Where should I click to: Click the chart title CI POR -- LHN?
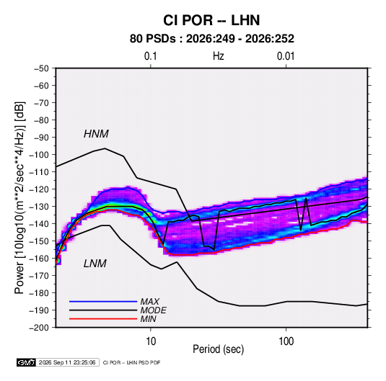click(211, 20)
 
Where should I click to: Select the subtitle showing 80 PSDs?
click(212, 39)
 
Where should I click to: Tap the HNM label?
click(96, 134)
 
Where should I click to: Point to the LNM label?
click(95, 264)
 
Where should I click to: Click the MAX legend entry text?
click(149, 302)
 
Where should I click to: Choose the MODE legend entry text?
click(153, 310)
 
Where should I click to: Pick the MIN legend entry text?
click(148, 319)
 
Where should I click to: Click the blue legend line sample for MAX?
click(103, 301)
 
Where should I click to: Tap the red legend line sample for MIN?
click(103, 319)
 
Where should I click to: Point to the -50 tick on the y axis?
click(41, 68)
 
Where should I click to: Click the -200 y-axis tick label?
click(39, 328)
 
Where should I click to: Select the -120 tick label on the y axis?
click(39, 189)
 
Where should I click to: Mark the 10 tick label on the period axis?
click(151, 341)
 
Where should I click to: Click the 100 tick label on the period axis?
click(286, 341)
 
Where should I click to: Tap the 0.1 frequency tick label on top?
click(150, 56)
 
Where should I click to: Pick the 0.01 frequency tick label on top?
click(286, 56)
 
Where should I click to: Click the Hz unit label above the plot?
click(219, 56)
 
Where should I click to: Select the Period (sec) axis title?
click(219, 349)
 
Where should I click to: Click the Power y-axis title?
click(19, 198)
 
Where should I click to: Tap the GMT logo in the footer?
click(26, 362)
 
